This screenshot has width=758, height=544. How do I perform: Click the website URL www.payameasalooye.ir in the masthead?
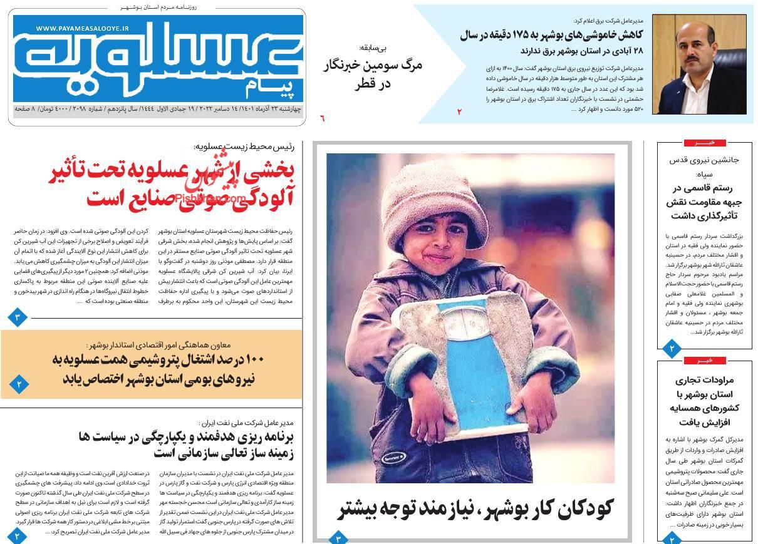(82, 29)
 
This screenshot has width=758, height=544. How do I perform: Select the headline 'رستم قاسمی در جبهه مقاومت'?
(704, 202)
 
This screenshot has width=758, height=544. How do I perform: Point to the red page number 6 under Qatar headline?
(323, 118)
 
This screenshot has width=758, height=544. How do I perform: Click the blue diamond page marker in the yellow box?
(19, 383)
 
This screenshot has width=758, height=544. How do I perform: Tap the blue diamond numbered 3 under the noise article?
(18, 317)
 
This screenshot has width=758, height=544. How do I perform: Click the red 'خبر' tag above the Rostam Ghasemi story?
(705, 143)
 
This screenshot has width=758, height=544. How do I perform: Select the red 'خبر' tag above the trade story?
(705, 361)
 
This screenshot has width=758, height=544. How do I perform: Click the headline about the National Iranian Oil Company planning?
(186, 444)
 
